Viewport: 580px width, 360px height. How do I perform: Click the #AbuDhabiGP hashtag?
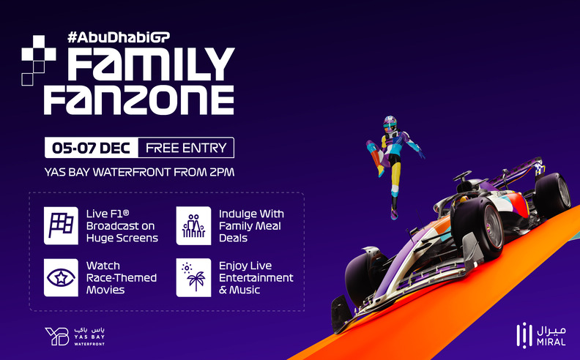pos(123,35)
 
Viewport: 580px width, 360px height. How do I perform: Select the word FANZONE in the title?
pos(138,98)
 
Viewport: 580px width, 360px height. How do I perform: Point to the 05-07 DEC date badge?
pos(91,148)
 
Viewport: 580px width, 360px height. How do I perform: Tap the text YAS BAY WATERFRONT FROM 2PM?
pos(139,173)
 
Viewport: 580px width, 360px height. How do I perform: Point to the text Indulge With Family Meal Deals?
pos(251,225)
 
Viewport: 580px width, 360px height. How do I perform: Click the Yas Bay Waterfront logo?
pos(70,334)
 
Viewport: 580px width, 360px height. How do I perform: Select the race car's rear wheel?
pos(551,192)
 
